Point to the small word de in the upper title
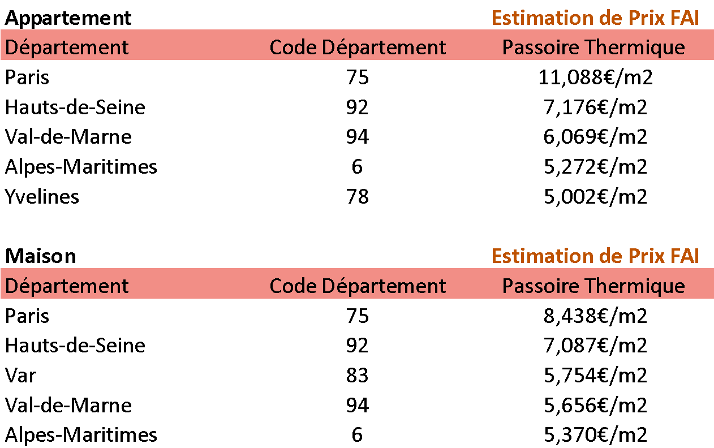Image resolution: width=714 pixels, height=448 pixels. point(609,18)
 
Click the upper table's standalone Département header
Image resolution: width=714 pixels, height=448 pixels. point(67,48)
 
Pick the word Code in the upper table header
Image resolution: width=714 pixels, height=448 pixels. point(293,48)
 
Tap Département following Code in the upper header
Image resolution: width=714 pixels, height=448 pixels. point(384,48)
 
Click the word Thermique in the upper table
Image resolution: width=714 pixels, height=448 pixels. point(634,48)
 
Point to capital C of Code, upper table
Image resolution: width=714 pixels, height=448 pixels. point(276,48)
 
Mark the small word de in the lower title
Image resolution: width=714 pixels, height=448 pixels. point(609,256)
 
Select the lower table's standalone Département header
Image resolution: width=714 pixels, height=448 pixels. point(67,286)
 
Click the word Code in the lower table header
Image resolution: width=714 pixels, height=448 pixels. point(293,286)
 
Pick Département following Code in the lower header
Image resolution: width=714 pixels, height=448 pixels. point(384,286)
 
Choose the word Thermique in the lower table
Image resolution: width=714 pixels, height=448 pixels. point(634,286)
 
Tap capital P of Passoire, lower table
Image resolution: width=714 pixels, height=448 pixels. point(507,286)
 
